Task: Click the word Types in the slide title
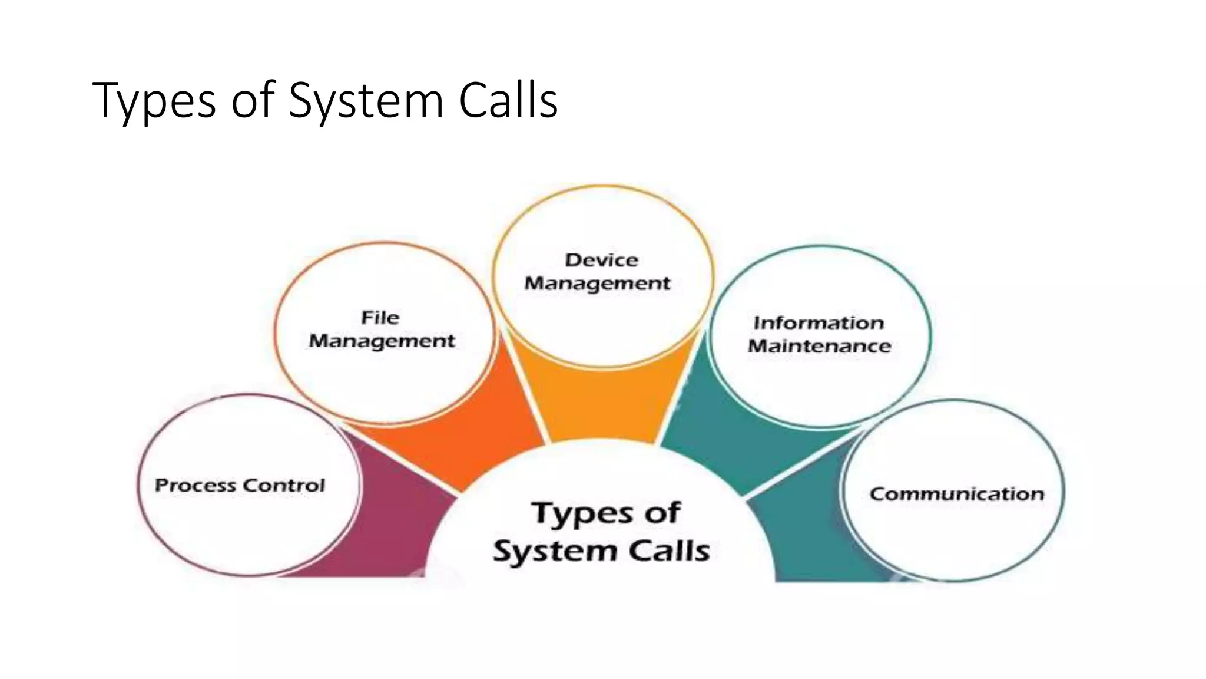154,101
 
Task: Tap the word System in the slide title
365,101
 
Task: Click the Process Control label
240,485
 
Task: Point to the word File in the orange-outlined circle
380,318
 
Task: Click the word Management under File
382,341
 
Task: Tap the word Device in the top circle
601,260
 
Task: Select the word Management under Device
597,284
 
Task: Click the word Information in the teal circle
819,323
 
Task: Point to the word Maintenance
819,346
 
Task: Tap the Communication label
956,494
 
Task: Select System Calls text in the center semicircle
601,551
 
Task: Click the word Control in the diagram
283,485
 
